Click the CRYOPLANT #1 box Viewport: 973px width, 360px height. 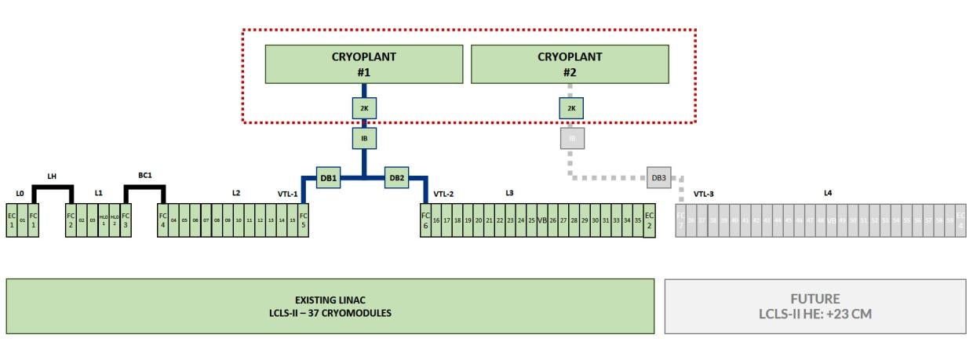coord(363,64)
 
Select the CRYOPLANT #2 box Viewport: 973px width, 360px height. coord(570,64)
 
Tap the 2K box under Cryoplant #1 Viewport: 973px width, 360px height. coord(364,108)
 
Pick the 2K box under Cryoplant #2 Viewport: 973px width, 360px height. coord(571,108)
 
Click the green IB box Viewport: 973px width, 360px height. coord(364,139)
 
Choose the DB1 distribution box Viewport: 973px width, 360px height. coord(328,178)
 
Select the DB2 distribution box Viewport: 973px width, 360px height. coord(397,178)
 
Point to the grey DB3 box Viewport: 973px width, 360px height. coord(659,178)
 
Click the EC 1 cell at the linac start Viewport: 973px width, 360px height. coord(12,220)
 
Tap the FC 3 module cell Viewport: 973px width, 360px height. coord(126,220)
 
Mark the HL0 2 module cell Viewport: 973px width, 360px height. coord(115,220)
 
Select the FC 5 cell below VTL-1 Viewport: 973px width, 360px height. coord(304,220)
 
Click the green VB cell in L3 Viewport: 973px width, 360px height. coord(541,220)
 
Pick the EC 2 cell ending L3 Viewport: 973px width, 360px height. coord(649,220)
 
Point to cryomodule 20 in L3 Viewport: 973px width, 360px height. coord(478,220)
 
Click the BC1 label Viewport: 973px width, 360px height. coord(144,176)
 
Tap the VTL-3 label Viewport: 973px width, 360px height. coord(704,194)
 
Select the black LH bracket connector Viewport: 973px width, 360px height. coord(52,187)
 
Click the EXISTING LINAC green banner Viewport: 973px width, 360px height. coord(330,306)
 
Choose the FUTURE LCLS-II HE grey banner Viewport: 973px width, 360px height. coord(815,306)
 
